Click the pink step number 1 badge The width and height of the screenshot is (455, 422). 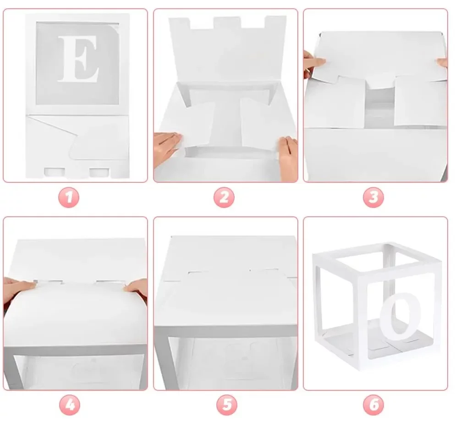click(x=69, y=197)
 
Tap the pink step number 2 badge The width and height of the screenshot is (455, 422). click(x=224, y=197)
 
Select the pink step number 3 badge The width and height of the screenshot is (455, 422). click(x=373, y=197)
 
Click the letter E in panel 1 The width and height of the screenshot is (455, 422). click(x=78, y=59)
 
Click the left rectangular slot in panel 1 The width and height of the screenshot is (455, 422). click(x=54, y=172)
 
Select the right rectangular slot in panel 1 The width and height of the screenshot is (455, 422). click(x=99, y=172)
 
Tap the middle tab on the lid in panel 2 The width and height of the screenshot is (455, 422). click(x=227, y=22)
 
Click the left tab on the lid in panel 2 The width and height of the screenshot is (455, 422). click(x=180, y=23)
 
